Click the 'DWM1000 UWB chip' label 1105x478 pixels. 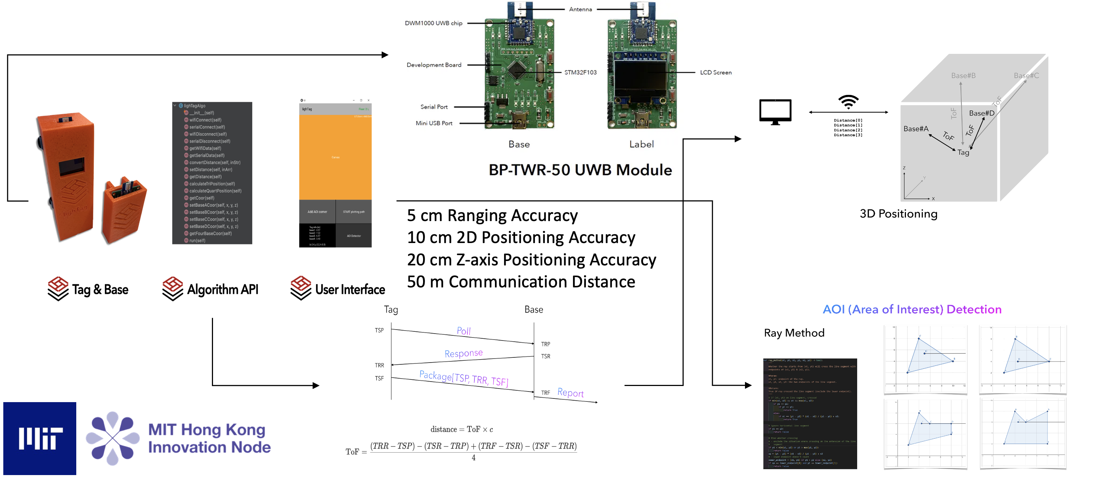433,23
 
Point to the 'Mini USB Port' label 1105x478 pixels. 434,123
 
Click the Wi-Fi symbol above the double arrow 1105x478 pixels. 848,102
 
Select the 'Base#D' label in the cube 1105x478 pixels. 981,113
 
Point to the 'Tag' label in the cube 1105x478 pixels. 963,152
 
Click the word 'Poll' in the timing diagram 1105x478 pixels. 463,331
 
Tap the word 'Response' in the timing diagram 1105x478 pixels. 463,353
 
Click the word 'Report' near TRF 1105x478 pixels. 570,393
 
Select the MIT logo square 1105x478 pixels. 40,438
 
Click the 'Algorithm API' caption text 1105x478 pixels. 222,290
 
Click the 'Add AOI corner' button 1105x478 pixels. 317,212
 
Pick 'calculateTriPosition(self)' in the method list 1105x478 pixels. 212,184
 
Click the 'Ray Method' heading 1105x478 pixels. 794,333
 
